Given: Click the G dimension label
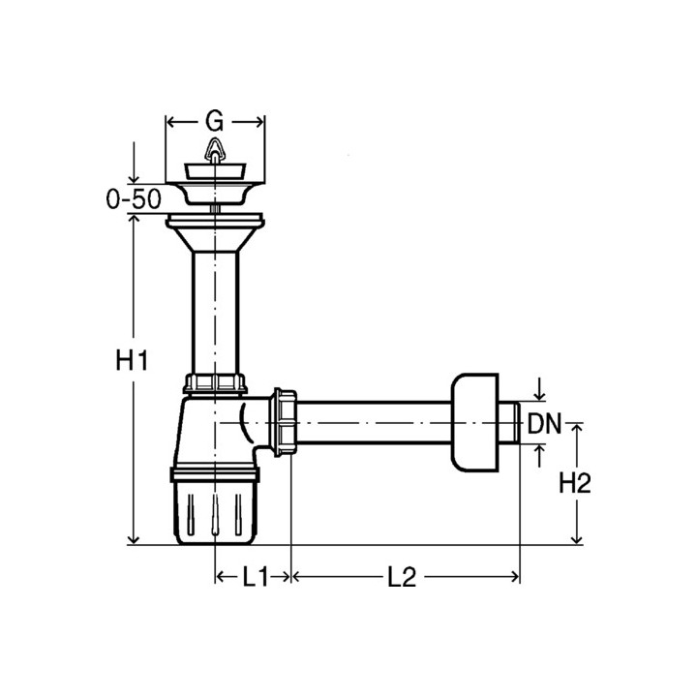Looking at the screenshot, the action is click(x=214, y=121).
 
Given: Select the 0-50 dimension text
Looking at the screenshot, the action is click(x=134, y=198).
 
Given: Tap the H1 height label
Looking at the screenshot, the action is click(x=132, y=360).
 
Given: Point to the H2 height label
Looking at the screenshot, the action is click(x=575, y=483).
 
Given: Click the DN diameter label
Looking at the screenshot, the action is click(x=544, y=424).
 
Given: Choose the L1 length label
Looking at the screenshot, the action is click(x=256, y=577).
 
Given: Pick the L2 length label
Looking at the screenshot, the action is click(x=402, y=577).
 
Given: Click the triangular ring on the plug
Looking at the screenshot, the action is click(x=214, y=148).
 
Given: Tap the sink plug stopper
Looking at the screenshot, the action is click(x=215, y=171).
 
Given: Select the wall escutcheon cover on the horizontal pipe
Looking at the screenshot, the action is click(x=474, y=423).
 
